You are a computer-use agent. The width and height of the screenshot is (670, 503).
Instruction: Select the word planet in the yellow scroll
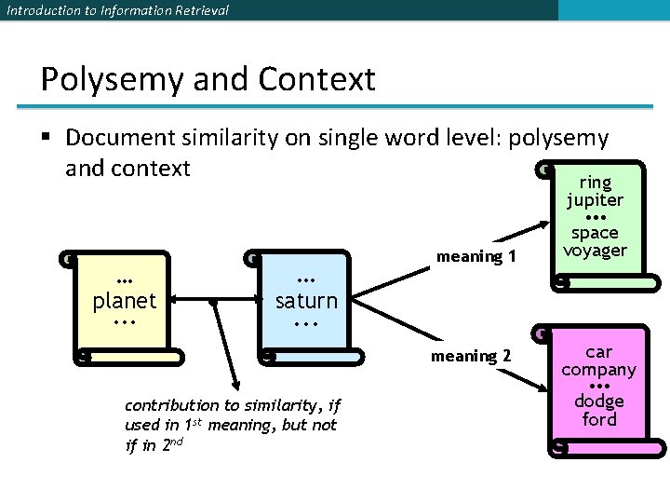[x=125, y=301]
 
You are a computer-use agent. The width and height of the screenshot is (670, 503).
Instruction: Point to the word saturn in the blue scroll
[x=306, y=301]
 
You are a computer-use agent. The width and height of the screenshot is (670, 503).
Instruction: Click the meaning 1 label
[x=476, y=256]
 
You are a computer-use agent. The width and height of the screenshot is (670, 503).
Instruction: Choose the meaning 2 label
[x=471, y=356]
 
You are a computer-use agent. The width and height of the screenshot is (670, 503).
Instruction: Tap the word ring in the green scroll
[x=596, y=183]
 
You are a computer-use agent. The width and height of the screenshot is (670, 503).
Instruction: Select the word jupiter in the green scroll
[x=596, y=199]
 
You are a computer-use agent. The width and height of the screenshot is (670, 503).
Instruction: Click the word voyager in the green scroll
[x=596, y=250]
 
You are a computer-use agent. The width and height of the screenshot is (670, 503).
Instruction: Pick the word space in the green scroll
[x=596, y=233]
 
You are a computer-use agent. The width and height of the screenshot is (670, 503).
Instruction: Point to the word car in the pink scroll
[x=598, y=351]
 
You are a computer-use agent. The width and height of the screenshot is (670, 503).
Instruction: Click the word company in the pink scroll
[x=598, y=369]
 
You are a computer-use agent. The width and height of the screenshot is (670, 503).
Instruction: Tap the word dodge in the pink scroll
[x=598, y=401]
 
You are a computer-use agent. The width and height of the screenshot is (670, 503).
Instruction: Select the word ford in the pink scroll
[x=598, y=419]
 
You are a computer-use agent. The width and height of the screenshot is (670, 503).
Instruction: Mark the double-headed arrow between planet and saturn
[x=214, y=301]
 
